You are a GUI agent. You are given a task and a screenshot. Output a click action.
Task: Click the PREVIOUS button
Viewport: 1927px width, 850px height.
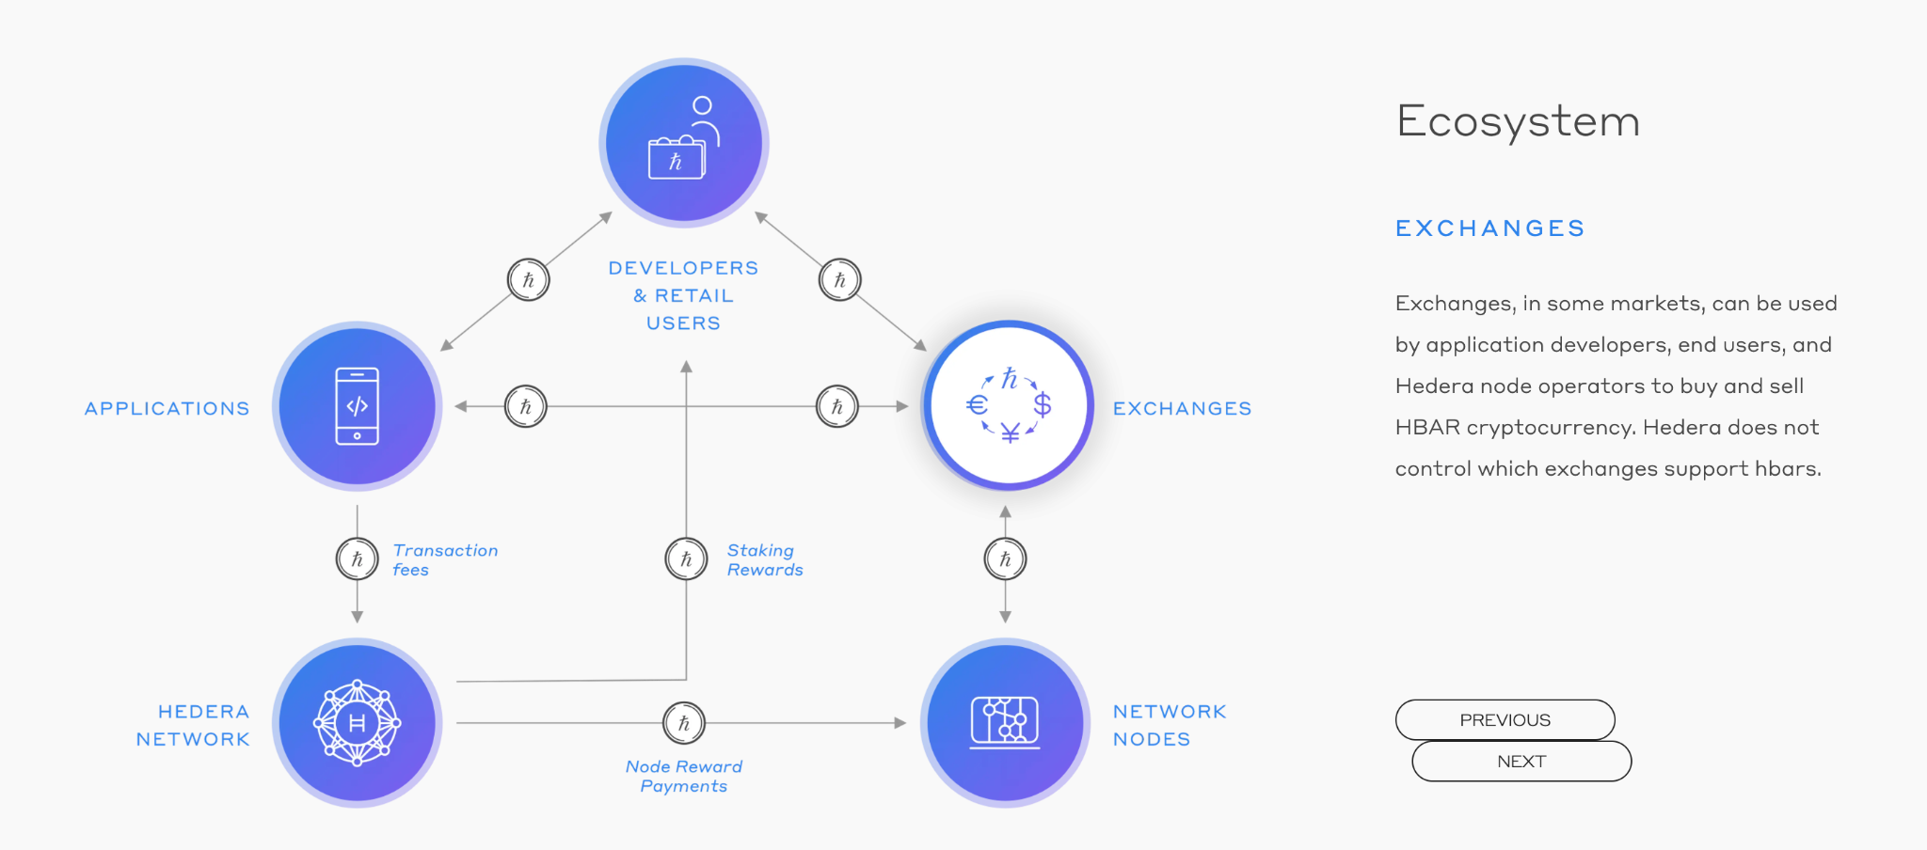pos(1505,719)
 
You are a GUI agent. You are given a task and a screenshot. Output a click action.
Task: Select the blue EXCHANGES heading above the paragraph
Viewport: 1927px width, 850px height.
pos(1489,228)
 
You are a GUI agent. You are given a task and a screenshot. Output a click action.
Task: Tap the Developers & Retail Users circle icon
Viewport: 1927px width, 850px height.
pos(684,143)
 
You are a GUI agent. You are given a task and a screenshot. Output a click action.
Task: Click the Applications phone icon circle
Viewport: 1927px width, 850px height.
pos(358,406)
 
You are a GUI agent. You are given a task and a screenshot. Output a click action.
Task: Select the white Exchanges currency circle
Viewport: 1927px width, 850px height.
pos(1008,405)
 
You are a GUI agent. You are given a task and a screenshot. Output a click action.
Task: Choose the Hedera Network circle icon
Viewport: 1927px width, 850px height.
pos(358,722)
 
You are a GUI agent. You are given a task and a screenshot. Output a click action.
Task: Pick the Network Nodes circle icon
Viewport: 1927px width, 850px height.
pos(1005,722)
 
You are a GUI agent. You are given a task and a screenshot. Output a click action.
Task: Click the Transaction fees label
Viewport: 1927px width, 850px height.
pos(445,559)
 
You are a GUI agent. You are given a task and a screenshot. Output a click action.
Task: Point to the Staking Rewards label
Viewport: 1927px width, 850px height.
pos(764,559)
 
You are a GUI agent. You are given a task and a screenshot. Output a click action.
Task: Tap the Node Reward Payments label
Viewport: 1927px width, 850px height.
pos(684,776)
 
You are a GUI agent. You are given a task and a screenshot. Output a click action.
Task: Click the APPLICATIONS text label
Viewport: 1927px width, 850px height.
pos(167,408)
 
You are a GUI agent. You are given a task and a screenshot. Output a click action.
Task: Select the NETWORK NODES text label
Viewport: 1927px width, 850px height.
pos(1170,725)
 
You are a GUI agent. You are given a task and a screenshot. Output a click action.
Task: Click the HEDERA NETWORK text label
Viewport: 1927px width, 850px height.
pos(193,725)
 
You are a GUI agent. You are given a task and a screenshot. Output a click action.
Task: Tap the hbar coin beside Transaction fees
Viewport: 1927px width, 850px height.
pos(357,559)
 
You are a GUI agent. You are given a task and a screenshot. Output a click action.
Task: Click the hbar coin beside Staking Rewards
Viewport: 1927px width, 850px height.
pos(686,559)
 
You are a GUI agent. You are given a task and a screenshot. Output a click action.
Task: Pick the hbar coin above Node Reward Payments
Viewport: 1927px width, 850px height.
pos(684,723)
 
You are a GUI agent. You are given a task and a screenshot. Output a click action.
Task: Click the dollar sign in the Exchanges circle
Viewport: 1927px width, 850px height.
pos(1042,405)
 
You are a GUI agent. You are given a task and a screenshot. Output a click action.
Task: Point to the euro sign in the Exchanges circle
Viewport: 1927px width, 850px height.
pos(977,405)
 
